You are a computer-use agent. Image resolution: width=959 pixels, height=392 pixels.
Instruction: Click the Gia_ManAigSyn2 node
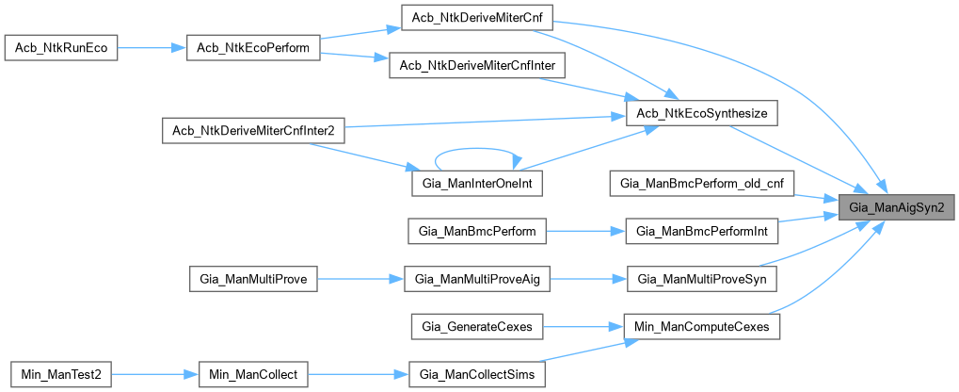point(897,204)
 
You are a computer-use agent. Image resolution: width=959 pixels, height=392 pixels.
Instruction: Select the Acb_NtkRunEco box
point(61,48)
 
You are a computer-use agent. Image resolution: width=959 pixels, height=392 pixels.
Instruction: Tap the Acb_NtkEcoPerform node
point(254,48)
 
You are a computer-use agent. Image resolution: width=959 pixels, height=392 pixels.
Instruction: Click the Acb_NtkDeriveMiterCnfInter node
point(476,64)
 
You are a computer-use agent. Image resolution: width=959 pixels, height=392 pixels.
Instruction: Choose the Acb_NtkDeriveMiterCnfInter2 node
point(253,129)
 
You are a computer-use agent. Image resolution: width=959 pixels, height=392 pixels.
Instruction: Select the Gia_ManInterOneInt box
point(477,184)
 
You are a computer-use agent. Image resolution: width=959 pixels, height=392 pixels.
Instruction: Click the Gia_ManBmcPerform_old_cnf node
point(702,182)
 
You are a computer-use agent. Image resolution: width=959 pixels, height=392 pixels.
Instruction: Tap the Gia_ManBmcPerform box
point(477,230)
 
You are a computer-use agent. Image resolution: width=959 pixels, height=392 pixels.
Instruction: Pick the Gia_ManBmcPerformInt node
point(702,230)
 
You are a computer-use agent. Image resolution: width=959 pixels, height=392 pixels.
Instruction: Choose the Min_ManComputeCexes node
point(702,326)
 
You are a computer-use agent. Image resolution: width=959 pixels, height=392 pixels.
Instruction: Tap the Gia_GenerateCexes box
point(477,326)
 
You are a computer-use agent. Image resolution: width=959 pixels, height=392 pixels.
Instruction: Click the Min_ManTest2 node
point(61,374)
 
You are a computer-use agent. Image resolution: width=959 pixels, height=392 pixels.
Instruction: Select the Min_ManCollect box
point(253,374)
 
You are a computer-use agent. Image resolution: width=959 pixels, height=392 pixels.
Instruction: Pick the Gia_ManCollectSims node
point(477,374)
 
